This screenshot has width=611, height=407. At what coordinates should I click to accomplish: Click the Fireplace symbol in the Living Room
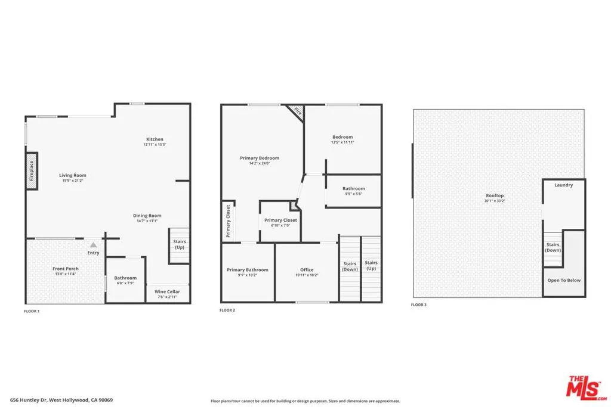pyautogui.click(x=32, y=172)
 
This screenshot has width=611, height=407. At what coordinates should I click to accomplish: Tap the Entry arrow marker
pyautogui.click(x=93, y=244)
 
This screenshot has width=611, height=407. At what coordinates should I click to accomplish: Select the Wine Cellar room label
pyautogui.click(x=168, y=291)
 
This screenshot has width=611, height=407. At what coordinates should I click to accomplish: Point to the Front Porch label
pyautogui.click(x=65, y=269)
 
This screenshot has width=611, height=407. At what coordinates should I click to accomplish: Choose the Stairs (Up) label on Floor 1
pyautogui.click(x=179, y=244)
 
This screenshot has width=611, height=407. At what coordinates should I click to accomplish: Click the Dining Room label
pyautogui.click(x=147, y=216)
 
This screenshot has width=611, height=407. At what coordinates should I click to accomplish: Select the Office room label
pyautogui.click(x=307, y=270)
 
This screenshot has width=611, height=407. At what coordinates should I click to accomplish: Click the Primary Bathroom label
pyautogui.click(x=248, y=270)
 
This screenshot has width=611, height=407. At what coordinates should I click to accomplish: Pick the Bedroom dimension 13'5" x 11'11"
pyautogui.click(x=342, y=142)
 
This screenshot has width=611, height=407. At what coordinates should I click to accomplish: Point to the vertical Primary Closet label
pyautogui.click(x=228, y=220)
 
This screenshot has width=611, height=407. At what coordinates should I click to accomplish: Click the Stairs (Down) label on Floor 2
pyautogui.click(x=350, y=266)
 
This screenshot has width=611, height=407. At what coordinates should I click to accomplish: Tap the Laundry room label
pyautogui.click(x=563, y=185)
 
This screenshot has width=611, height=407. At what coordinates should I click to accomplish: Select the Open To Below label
pyautogui.click(x=564, y=280)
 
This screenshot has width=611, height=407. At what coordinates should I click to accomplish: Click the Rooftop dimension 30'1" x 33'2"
pyautogui.click(x=495, y=201)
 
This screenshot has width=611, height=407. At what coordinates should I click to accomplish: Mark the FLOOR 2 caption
pyautogui.click(x=227, y=310)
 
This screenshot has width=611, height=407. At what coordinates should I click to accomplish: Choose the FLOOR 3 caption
pyautogui.click(x=419, y=305)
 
